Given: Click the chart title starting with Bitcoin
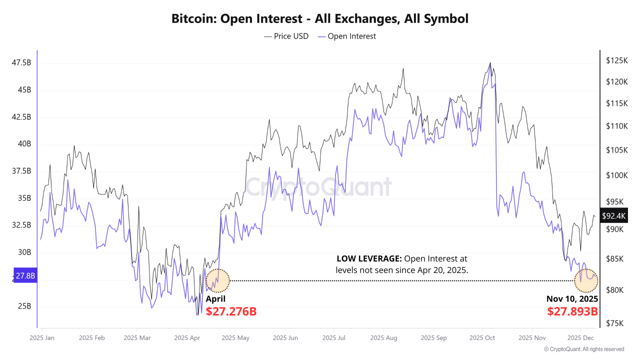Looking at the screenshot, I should click(x=320, y=19).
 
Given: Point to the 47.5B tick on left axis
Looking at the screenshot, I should click(x=21, y=63).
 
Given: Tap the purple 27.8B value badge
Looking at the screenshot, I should click(x=25, y=275).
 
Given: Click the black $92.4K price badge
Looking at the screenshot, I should click(x=613, y=216).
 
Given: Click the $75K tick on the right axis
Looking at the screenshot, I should click(x=614, y=323).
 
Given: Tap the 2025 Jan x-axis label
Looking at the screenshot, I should click(x=42, y=338).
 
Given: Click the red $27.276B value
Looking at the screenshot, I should click(x=231, y=311).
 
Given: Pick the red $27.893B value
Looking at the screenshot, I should click(x=572, y=311).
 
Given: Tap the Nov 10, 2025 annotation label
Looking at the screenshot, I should click(x=572, y=299).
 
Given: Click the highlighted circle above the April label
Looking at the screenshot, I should click(x=217, y=280).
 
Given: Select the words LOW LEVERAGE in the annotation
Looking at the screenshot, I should click(x=369, y=259).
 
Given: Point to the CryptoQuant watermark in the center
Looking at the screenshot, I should click(x=318, y=187).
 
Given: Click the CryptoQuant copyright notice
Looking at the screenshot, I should click(x=583, y=349).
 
